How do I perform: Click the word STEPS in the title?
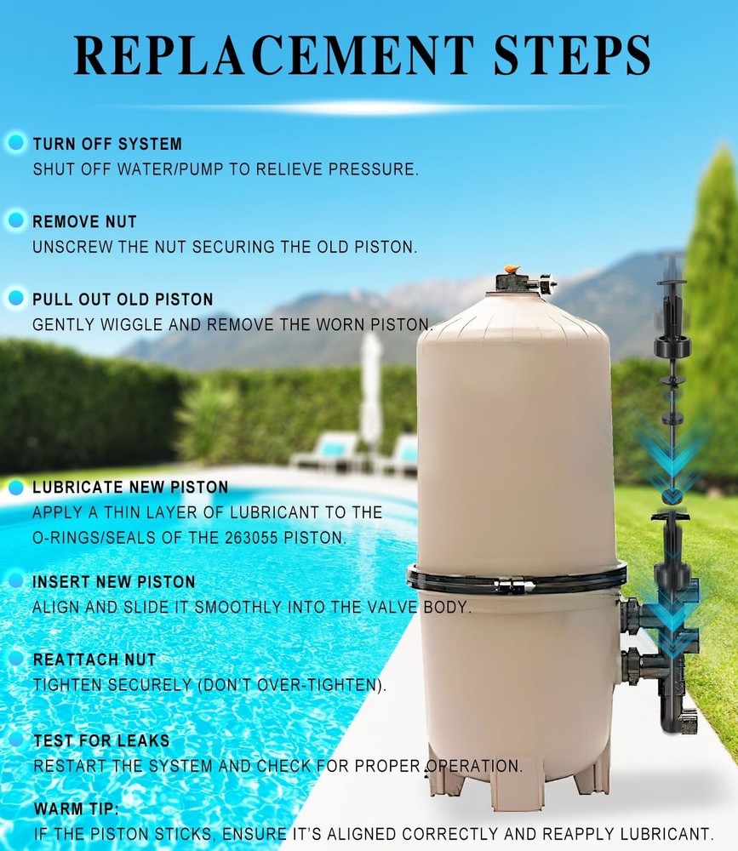pos(572,54)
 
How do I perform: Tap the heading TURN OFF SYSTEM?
pos(107,144)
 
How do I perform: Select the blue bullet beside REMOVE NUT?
pos(16,220)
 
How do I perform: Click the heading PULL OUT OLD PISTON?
pos(123,299)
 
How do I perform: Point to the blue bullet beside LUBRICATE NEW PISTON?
pos(16,488)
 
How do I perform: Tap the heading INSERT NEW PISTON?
pos(113,582)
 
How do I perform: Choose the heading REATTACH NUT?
pos(94,660)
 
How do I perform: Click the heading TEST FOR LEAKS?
pos(101,740)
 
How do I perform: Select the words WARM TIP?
pos(76,808)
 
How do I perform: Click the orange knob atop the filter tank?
pos(512,268)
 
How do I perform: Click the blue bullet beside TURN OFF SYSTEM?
pos(16,142)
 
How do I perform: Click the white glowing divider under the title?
pos(369,107)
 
